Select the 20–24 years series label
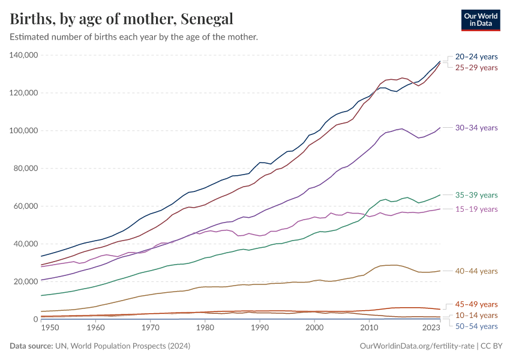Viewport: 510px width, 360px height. [476, 56]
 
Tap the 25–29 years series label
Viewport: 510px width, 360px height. [476, 67]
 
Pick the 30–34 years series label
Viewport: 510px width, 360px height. [476, 128]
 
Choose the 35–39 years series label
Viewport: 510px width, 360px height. [476, 195]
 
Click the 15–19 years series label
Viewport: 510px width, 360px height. [476, 209]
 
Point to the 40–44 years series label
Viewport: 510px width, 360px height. [476, 271]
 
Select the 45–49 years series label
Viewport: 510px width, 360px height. [476, 304]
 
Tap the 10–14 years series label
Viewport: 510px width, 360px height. [476, 315]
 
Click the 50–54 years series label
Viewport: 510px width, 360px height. [476, 326]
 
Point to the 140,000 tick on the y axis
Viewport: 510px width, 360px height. [24, 55]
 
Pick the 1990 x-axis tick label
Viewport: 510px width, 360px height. [260, 328]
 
